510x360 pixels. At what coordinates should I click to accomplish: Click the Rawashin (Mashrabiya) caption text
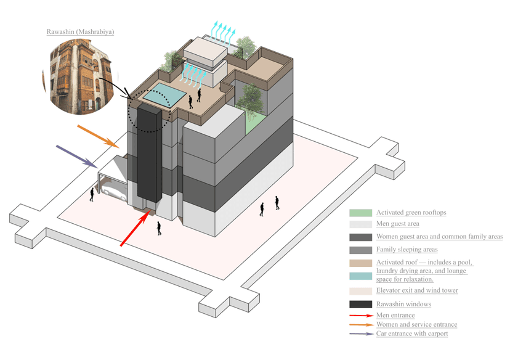point(80,31)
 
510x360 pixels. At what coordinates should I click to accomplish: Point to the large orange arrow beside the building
point(98,136)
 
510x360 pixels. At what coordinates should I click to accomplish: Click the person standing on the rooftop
point(191,102)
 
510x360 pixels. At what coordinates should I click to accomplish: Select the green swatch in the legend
point(360,213)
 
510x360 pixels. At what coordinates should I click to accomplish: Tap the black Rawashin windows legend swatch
point(360,304)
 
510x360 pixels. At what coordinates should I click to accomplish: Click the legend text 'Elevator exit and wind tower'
point(417,290)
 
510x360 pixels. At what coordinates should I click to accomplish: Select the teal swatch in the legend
point(360,276)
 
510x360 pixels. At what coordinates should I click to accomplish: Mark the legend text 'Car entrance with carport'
point(412,333)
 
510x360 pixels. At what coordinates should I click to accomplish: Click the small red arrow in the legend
point(360,316)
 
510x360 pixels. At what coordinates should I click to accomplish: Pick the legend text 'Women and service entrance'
point(416,324)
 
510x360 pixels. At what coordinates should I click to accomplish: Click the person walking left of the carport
point(92,195)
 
